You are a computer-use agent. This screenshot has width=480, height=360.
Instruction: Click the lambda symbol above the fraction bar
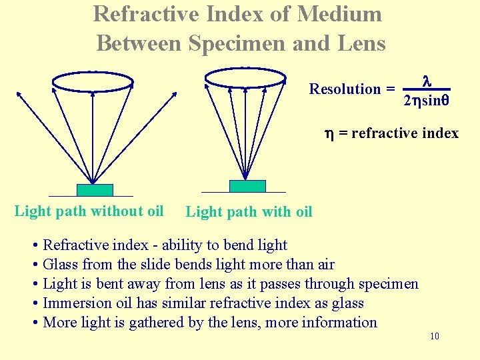point(427,81)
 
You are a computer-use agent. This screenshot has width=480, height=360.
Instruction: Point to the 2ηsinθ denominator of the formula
point(427,101)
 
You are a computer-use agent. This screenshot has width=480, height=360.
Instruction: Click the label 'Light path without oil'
point(89,211)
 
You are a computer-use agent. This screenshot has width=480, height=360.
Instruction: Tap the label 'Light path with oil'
point(249,212)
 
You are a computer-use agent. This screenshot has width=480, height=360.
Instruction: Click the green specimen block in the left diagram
point(95,190)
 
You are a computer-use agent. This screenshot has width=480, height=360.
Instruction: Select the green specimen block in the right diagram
point(247,186)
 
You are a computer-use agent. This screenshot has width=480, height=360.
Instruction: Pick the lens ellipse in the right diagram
point(245,78)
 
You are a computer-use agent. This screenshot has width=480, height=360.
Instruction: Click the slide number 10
point(435,337)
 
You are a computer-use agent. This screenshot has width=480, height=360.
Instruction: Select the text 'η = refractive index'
point(391,133)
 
